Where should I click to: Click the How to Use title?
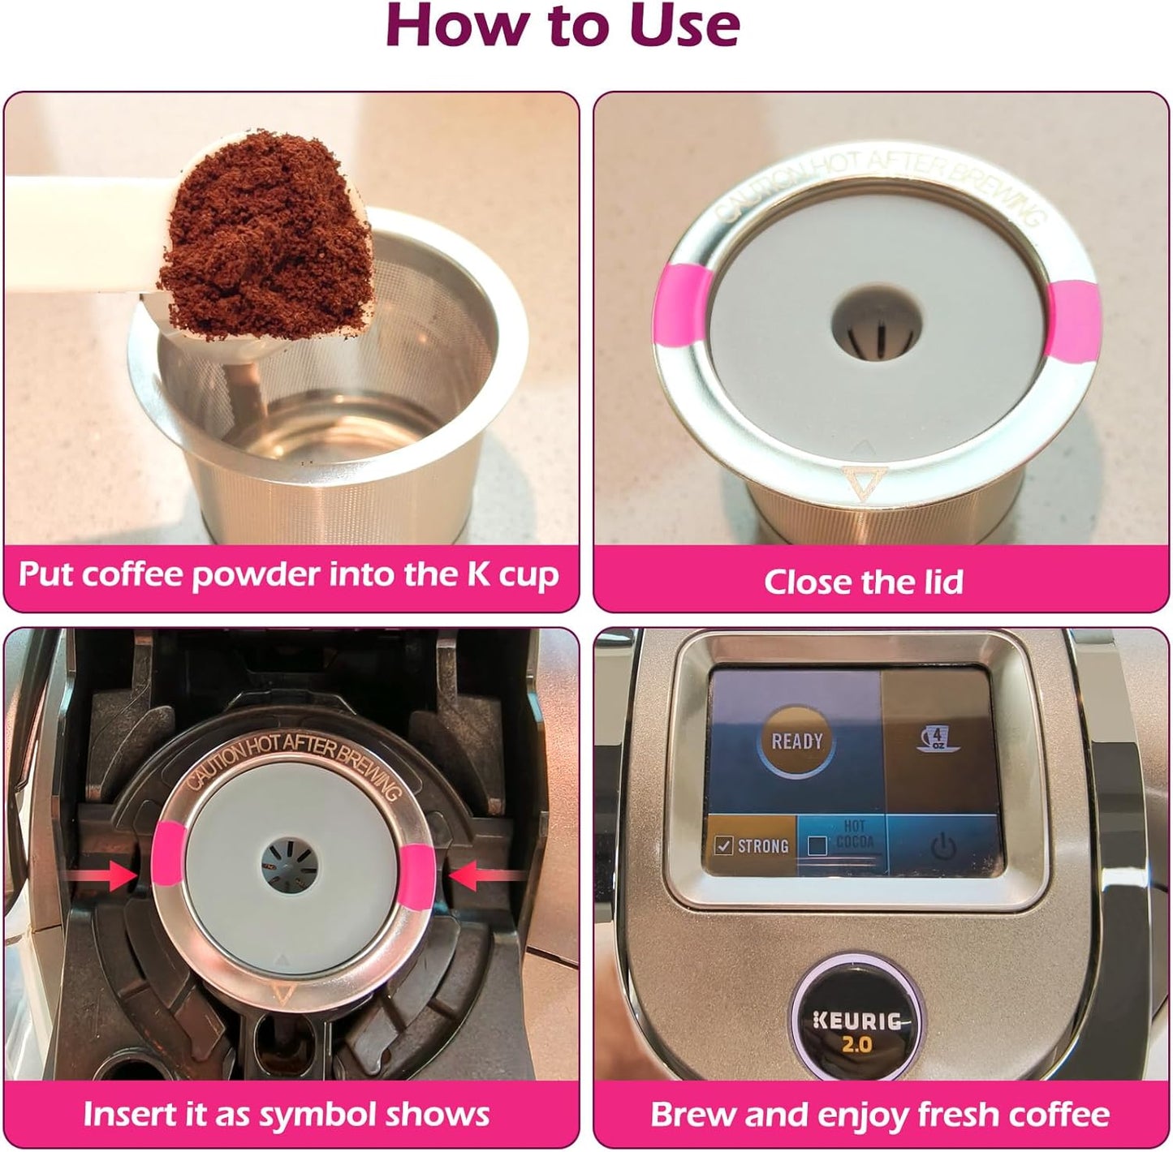563,26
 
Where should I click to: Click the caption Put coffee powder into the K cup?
288,574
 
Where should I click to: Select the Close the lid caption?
864,582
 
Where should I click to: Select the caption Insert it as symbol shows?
287,1114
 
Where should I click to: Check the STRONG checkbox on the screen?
723,846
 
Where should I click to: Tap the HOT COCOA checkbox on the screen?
818,846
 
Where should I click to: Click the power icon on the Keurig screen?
942,848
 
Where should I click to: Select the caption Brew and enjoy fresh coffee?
880,1114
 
